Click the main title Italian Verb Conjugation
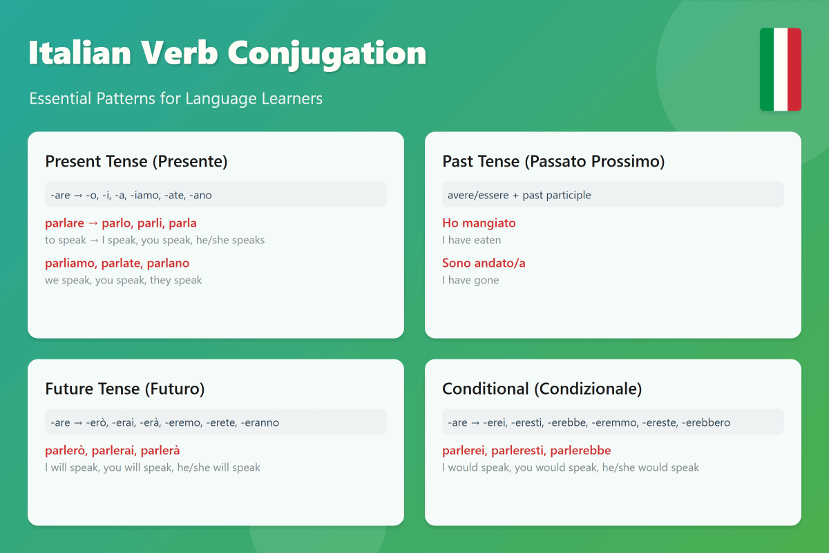point(227,53)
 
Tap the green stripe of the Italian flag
point(767,69)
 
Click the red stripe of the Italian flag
point(794,69)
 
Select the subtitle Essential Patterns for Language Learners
point(175,99)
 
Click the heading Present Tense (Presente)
point(136,162)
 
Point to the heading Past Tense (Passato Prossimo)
point(553,162)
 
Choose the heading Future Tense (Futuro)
point(124,389)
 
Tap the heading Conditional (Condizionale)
point(542,389)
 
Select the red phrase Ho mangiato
point(479,223)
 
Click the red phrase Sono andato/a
point(484,263)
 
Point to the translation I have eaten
point(471,241)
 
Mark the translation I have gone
point(470,281)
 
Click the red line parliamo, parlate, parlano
point(117,263)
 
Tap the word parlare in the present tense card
point(65,223)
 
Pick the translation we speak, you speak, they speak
point(123,281)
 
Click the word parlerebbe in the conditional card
point(581,451)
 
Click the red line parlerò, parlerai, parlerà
point(112,451)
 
